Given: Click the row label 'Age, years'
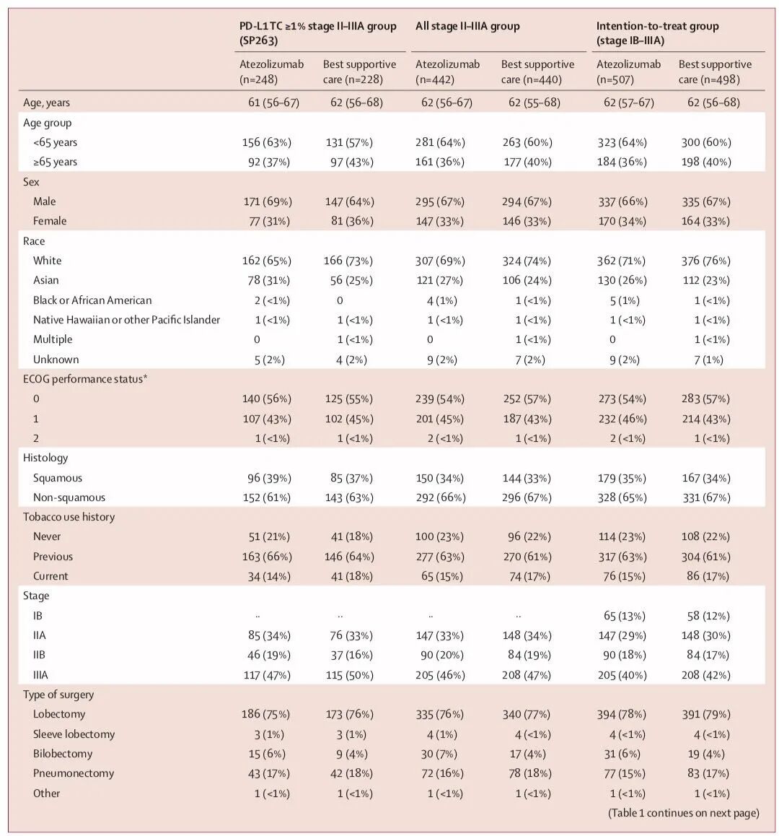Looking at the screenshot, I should [47, 103].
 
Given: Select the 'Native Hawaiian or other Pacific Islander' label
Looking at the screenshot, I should [126, 320].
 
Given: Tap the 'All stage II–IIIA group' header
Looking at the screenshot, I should [467, 27].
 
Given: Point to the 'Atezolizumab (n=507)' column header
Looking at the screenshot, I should [628, 71].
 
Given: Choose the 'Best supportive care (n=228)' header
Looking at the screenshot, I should [359, 71].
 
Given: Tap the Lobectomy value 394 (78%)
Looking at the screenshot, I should [624, 714].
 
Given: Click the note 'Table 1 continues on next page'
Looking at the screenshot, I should [684, 813].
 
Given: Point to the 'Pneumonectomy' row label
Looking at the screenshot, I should [74, 773].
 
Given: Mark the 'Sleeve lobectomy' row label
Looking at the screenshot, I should [74, 734].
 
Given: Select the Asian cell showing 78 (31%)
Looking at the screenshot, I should [265, 280].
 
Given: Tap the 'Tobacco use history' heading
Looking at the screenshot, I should [69, 517].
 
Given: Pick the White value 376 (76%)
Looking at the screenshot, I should [705, 261].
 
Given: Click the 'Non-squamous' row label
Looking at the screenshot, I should [69, 497].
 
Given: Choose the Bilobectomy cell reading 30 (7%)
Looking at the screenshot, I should [441, 754].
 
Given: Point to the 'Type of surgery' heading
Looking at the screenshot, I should [59, 695].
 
